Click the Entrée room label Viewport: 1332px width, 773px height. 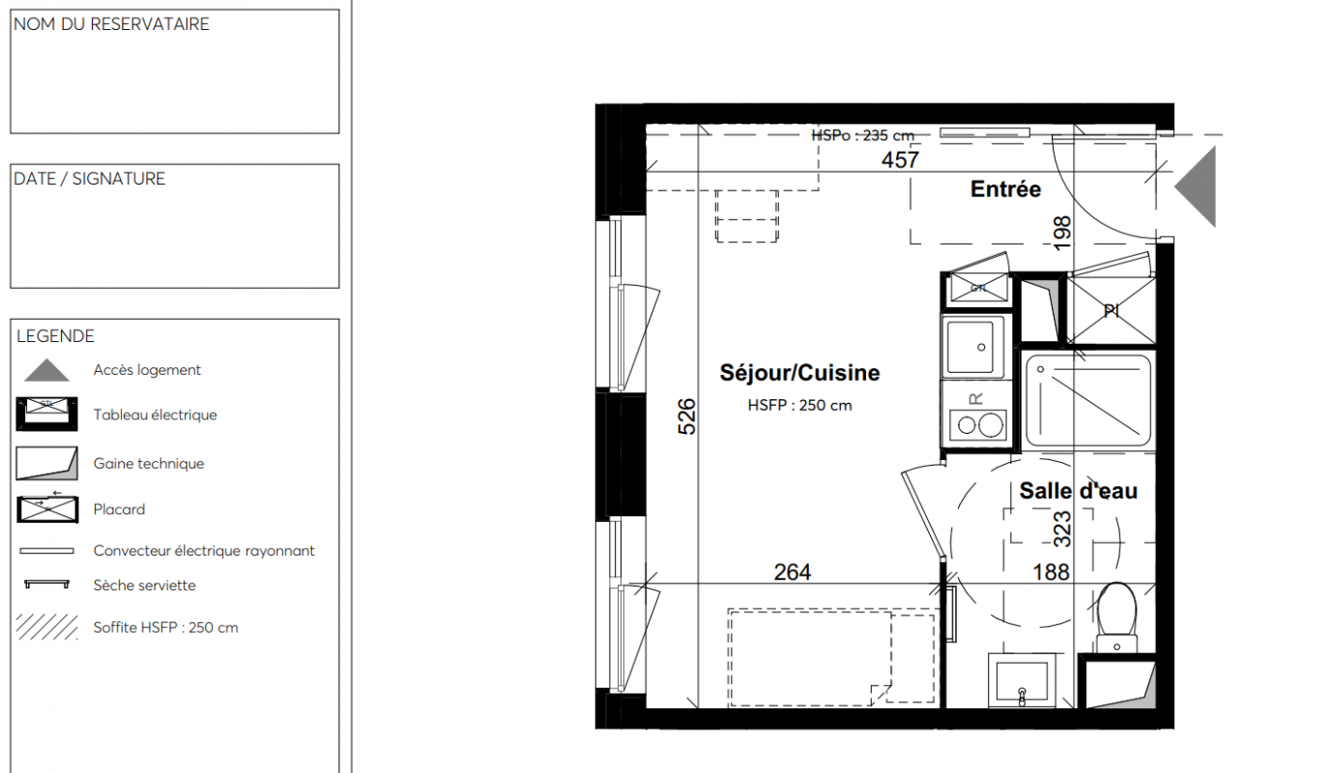pos(1005,189)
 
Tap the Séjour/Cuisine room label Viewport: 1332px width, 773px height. pos(799,373)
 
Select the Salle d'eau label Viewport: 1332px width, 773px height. pos(1078,491)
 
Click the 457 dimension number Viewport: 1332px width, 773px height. pos(900,159)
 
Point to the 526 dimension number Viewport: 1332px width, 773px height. pos(687,416)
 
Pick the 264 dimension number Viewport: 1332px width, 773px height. pos(792,572)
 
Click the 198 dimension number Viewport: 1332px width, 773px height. pos(1062,233)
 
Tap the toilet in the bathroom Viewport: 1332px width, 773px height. pos(1116,618)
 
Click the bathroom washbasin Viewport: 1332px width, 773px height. pos(1022,680)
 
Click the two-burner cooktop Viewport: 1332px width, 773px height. pos(977,425)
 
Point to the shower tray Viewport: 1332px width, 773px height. pos(1088,401)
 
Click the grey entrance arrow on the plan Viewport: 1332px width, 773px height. pos(1196,186)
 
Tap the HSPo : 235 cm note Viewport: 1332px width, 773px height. pos(863,135)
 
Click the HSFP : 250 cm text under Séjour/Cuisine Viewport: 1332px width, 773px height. pos(799,406)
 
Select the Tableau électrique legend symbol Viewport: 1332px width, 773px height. pos(46,414)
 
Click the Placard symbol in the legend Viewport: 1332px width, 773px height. pos(47,509)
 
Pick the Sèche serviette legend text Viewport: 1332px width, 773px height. pos(144,586)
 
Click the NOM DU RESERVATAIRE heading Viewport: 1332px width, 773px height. pos(111,24)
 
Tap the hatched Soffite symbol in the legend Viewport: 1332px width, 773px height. pos(46,627)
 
